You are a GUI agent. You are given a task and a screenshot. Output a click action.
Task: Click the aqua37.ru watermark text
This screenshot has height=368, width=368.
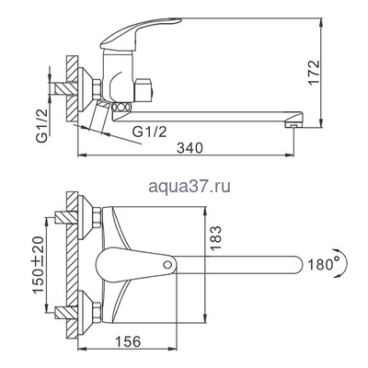click(182, 187)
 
